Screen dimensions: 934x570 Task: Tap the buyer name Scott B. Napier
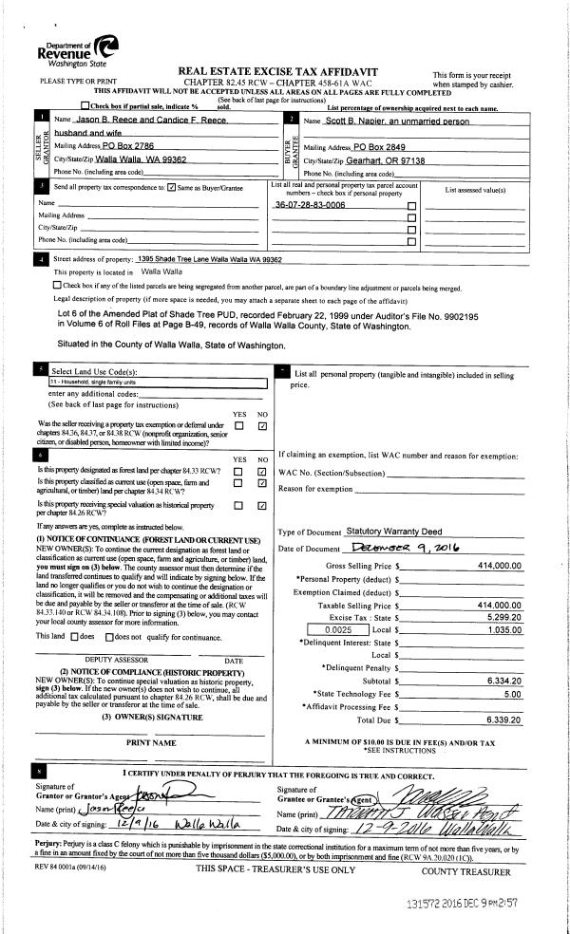click(x=352, y=122)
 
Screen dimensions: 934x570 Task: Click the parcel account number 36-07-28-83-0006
click(x=309, y=205)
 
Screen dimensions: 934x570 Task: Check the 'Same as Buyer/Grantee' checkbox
click(x=171, y=187)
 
